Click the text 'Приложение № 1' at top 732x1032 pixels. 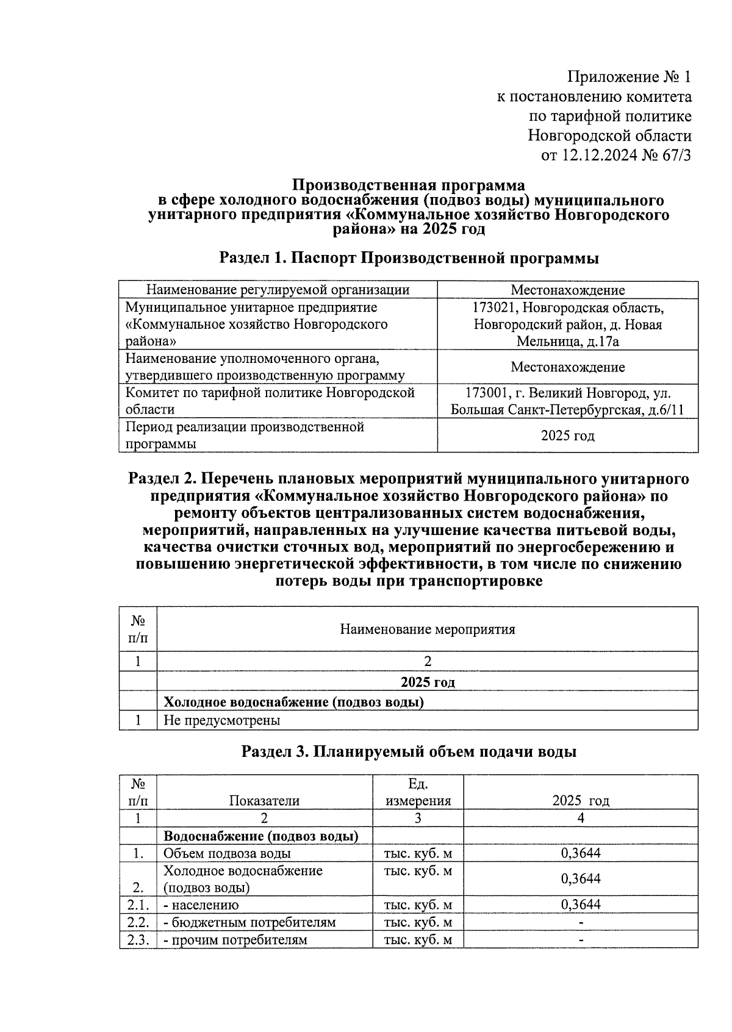629,77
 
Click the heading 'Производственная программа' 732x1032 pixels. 408,185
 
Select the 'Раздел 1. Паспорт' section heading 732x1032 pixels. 408,258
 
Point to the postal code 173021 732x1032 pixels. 494,307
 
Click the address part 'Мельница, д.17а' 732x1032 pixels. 567,342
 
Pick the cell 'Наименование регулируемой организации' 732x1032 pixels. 278,290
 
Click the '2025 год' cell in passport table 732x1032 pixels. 567,435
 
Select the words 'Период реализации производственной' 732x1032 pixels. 245,427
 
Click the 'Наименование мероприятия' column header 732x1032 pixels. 427,629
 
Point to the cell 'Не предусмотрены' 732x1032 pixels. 221,720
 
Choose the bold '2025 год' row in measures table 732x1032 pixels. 427,682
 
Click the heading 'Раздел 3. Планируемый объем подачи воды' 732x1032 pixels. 408,751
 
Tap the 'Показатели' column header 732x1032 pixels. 264,801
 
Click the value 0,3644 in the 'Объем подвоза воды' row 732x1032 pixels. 580,853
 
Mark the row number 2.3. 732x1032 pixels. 138,939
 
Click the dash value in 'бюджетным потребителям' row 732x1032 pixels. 580,923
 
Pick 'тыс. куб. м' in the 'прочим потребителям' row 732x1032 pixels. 418,939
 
